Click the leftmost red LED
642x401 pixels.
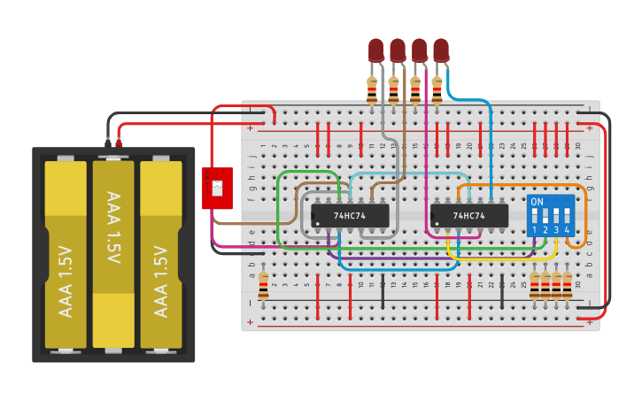[376, 50]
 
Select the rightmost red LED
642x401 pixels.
[441, 50]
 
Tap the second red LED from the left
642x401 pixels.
[398, 50]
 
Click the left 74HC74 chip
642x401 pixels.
[349, 215]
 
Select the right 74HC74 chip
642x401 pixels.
[469, 215]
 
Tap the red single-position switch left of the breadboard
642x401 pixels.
[217, 188]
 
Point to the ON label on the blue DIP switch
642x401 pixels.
[537, 202]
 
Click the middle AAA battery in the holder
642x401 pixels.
[113, 254]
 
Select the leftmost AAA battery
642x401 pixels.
[66, 254]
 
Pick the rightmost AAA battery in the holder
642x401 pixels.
[161, 254]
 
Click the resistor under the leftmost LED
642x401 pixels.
[372, 89]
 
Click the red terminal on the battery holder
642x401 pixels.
[118, 141]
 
